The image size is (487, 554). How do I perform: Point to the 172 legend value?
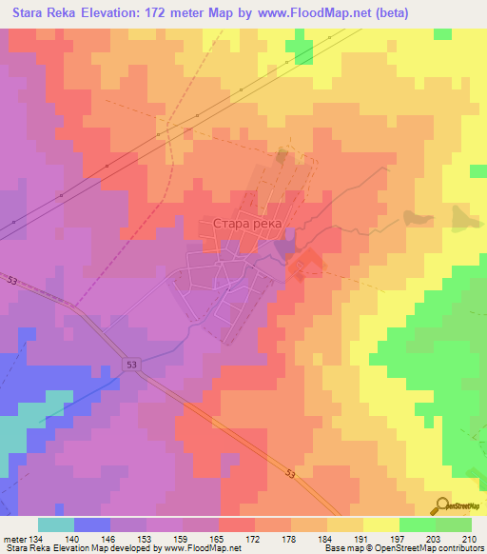click(x=254, y=538)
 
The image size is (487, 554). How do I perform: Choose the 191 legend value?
click(x=362, y=538)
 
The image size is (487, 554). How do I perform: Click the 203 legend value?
click(x=435, y=538)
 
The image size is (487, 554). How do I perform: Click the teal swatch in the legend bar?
click(x=55, y=524)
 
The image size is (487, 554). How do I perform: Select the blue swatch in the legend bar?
click(x=91, y=524)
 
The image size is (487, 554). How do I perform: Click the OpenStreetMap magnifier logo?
click(x=440, y=505)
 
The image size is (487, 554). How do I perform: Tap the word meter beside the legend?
click(x=13, y=538)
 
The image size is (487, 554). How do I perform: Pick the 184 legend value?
click(x=326, y=538)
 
